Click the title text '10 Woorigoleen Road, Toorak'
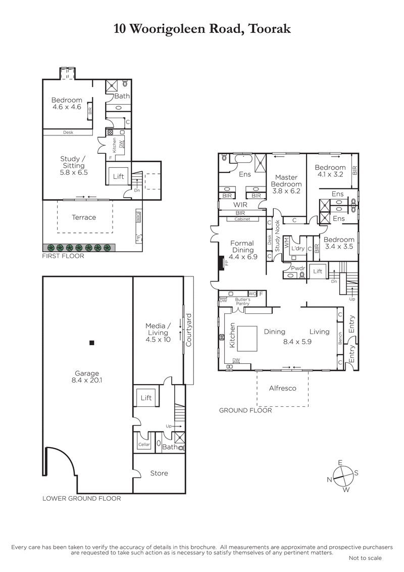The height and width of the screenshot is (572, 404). coord(202,29)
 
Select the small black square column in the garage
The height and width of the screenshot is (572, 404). coord(91,343)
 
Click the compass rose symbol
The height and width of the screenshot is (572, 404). coord(343,475)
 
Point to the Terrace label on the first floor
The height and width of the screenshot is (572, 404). coord(84,217)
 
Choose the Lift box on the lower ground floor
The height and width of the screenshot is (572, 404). coord(146,398)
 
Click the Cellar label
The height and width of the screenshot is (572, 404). coord(144,445)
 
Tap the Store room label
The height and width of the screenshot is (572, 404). coord(159,473)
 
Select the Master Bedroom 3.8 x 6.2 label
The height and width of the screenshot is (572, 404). coord(287,184)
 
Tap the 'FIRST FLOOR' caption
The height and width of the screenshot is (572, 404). coord(63,256)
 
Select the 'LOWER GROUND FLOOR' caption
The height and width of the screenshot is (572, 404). coord(82,498)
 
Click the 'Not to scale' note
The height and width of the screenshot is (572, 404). coord(365,558)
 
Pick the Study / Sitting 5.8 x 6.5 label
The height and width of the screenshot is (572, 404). coord(74,165)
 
